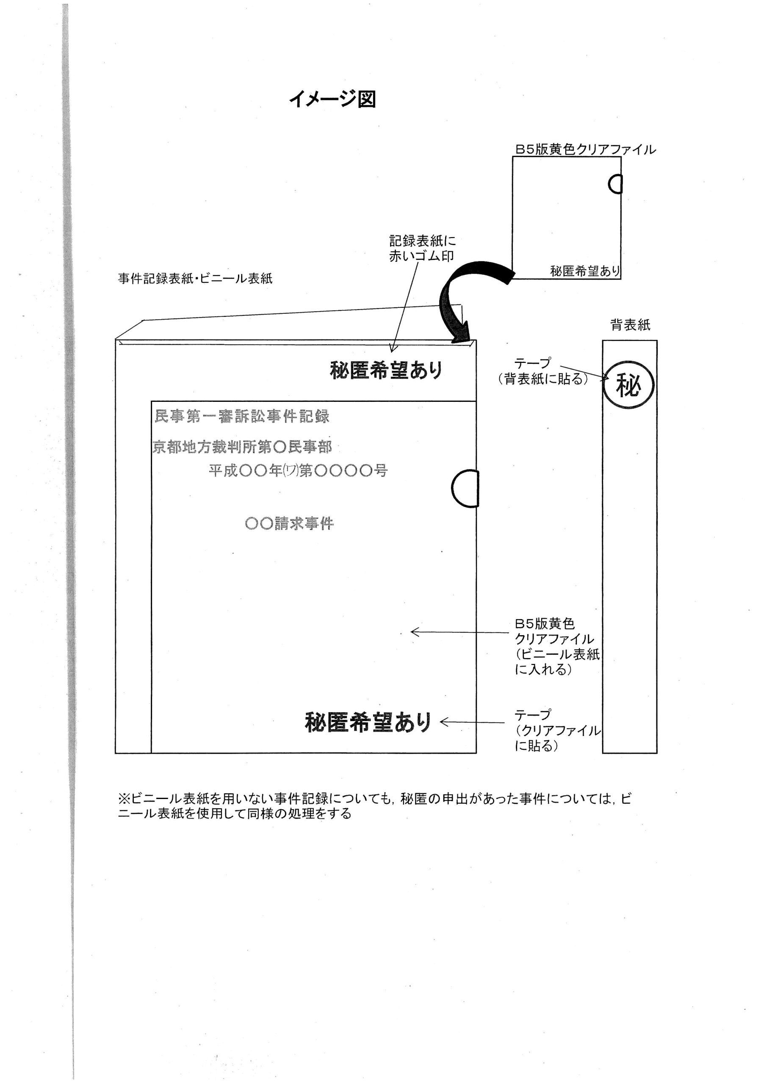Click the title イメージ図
pos(332,99)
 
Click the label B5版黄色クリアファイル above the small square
pos(585,149)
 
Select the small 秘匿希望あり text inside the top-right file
pos(584,271)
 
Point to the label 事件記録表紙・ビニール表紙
pos(195,278)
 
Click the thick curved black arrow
pos(465,297)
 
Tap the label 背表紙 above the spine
pos(630,325)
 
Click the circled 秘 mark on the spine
pos(628,386)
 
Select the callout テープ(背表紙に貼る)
pos(543,371)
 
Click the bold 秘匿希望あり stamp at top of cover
pos(386,370)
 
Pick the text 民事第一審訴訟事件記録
pos(242,416)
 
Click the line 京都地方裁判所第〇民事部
pos(242,447)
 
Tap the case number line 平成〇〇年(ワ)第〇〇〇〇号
pos(298,470)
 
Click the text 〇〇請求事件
pos(289,524)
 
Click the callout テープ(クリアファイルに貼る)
pos(557,730)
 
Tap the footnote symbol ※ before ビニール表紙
pos(124,799)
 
